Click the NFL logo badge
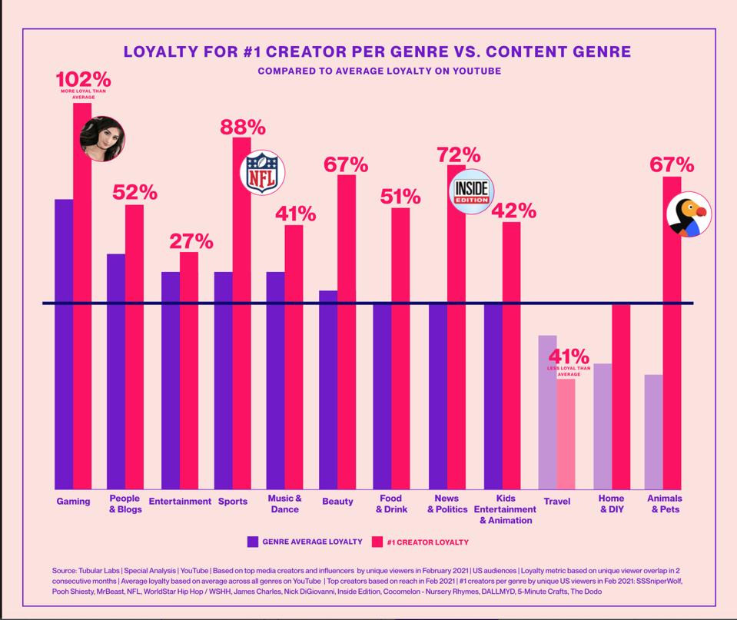(263, 172)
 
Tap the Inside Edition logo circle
(470, 191)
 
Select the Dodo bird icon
(689, 214)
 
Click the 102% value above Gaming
(83, 79)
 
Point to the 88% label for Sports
(243, 127)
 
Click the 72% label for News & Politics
(458, 154)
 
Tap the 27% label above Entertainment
(191, 240)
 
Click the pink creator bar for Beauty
(347, 330)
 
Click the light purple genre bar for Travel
(547, 411)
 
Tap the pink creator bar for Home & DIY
(621, 396)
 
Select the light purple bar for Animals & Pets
(653, 431)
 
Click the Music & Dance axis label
(284, 504)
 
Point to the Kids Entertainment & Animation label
(505, 509)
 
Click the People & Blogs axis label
(124, 504)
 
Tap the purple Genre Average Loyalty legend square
(253, 542)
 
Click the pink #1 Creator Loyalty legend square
(377, 542)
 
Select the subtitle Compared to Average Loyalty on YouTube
(379, 71)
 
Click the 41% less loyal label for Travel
(569, 357)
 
